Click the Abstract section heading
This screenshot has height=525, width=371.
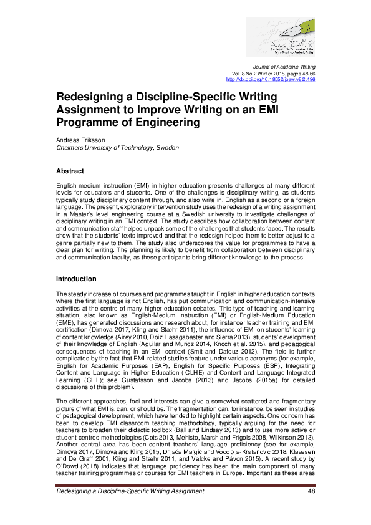pyautogui.click(x=70, y=171)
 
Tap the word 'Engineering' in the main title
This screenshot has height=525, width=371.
pyautogui.click(x=164, y=123)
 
